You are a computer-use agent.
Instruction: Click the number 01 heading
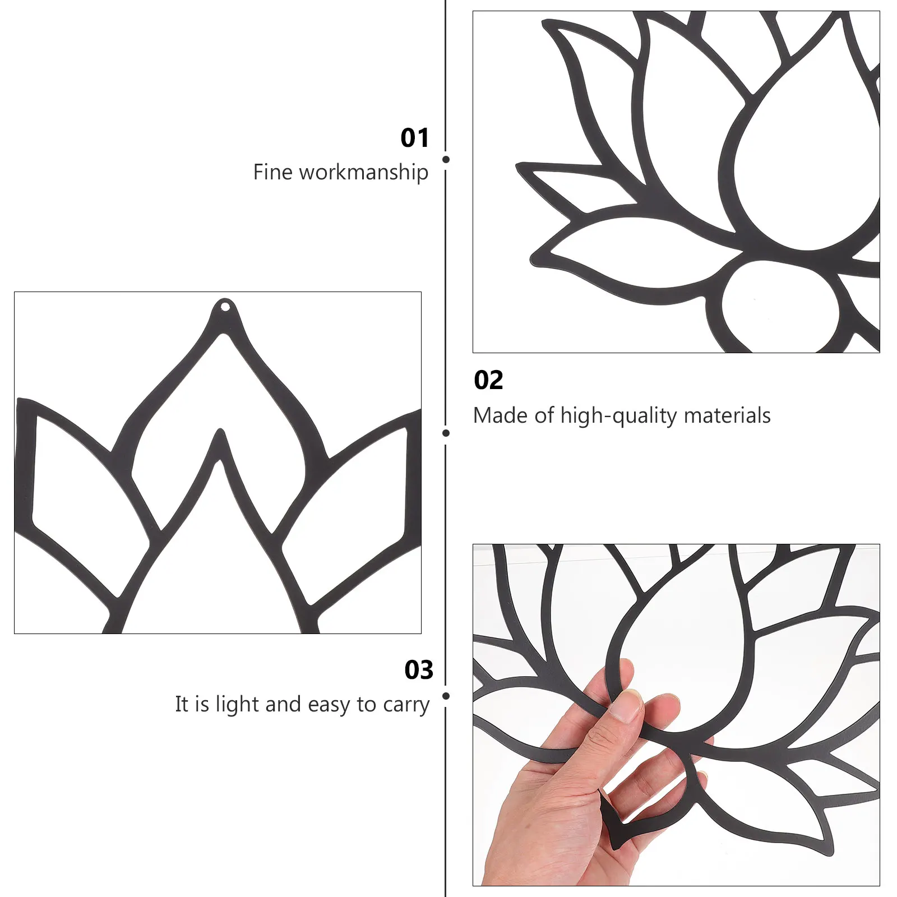click(414, 138)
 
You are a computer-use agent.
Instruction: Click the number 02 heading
click(488, 381)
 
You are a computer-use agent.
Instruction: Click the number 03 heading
click(419, 670)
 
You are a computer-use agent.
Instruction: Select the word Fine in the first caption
click(272, 172)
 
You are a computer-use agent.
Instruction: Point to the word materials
click(727, 416)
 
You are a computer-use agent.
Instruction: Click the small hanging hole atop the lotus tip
click(225, 307)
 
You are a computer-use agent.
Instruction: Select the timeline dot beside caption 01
click(446, 160)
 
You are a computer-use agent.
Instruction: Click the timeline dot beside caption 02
click(446, 433)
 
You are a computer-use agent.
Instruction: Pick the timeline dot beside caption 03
click(446, 696)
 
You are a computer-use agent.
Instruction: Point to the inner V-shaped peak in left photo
click(220, 434)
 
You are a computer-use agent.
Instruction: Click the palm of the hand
click(555, 807)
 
